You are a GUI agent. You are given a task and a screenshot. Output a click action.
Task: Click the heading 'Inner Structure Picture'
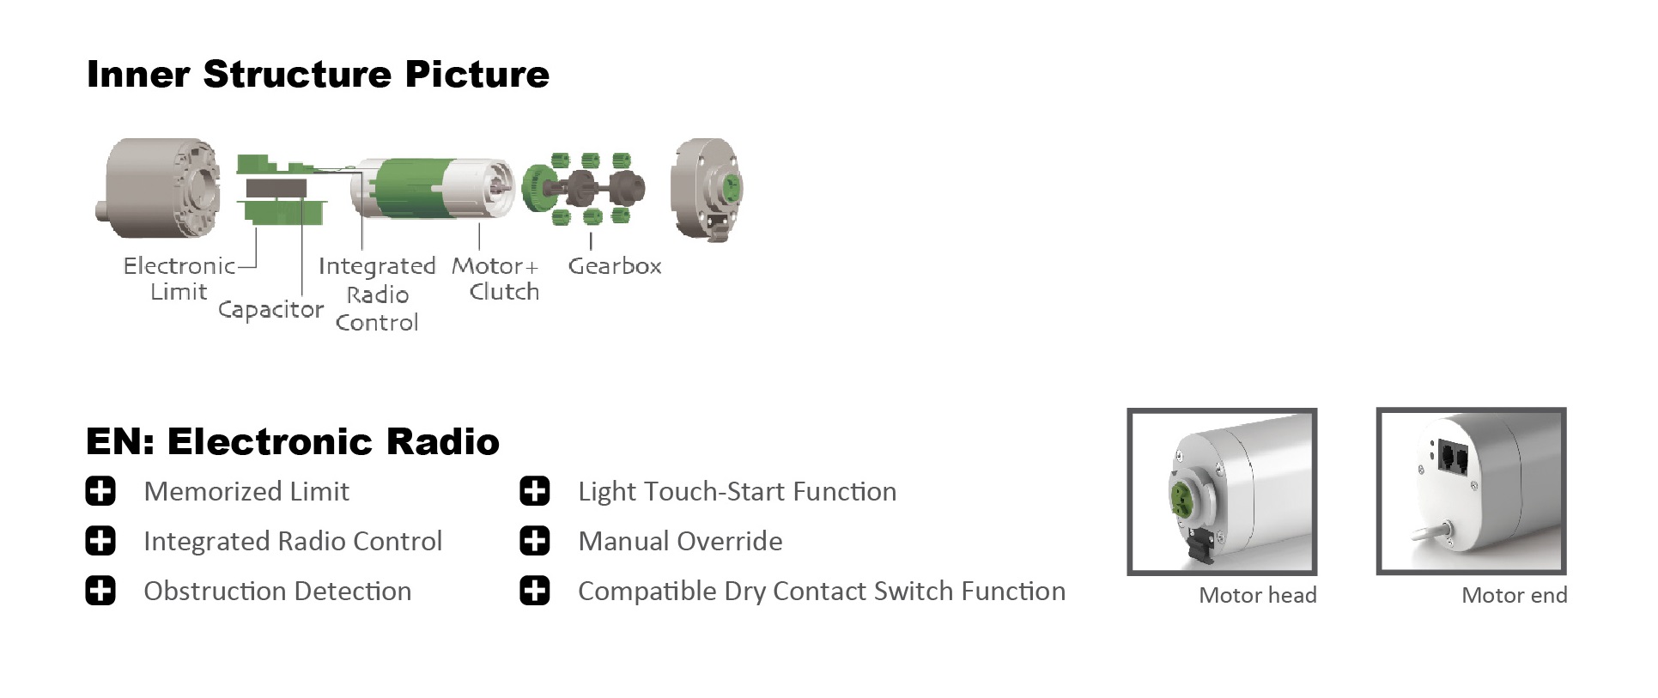coord(318,74)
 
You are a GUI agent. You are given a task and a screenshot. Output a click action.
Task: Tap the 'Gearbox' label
coord(615,266)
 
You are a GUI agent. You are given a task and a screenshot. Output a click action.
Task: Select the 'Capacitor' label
coord(270,310)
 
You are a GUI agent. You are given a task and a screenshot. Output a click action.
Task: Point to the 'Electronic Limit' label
coord(179,279)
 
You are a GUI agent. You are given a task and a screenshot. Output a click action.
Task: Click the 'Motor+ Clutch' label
coord(496,279)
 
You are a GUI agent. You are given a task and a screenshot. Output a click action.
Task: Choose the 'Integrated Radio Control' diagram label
coord(377,294)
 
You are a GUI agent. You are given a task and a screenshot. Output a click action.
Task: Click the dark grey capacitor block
coord(276,188)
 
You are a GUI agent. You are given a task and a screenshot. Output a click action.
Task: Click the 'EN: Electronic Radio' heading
coord(293,441)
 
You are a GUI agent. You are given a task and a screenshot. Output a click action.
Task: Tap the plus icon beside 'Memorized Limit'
coord(100,492)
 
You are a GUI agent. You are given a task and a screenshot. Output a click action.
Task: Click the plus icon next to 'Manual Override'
coord(535,542)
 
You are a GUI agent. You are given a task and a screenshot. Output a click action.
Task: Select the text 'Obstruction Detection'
coord(277,592)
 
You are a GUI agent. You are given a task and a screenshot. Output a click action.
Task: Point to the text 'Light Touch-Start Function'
coord(738,492)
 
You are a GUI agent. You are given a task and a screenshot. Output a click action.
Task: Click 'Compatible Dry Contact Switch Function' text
coord(822,592)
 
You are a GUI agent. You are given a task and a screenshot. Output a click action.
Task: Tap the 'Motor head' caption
coord(1258,595)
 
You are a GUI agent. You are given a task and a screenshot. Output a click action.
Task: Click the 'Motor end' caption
coord(1515,595)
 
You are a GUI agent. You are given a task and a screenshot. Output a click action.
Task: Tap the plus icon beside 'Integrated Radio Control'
coord(100,542)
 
